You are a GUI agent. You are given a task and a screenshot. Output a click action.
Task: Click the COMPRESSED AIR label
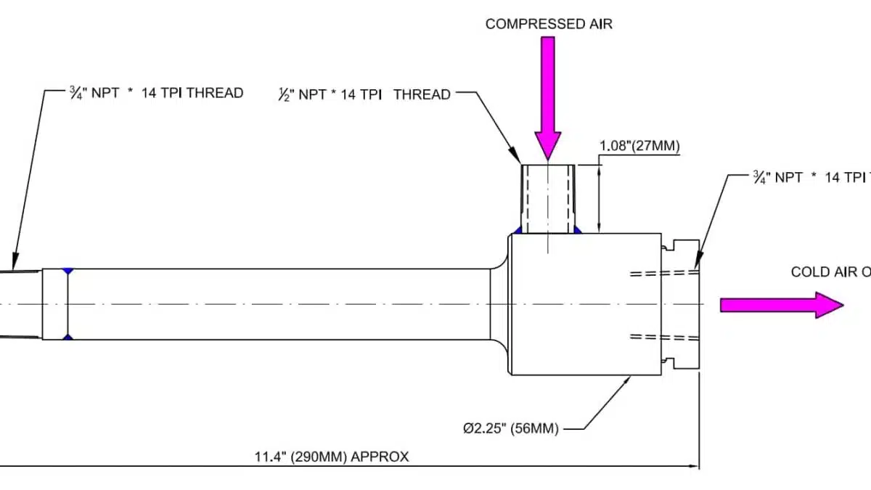click(x=549, y=24)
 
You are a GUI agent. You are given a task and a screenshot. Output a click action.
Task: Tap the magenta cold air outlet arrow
click(x=781, y=305)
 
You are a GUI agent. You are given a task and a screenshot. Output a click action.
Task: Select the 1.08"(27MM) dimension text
click(x=639, y=147)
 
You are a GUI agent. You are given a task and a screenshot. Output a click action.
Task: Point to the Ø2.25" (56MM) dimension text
click(x=511, y=428)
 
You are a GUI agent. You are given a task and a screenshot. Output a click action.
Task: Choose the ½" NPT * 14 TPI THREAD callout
click(x=364, y=94)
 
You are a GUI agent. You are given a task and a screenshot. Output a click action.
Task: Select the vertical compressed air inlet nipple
click(x=548, y=198)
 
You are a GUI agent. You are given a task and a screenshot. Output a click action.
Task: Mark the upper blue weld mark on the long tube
click(x=68, y=271)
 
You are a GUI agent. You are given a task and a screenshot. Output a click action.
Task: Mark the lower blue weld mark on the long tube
click(x=68, y=338)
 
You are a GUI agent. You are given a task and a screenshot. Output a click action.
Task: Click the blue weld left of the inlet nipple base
click(x=518, y=230)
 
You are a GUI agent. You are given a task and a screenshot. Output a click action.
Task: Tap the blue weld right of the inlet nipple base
click(x=578, y=230)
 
